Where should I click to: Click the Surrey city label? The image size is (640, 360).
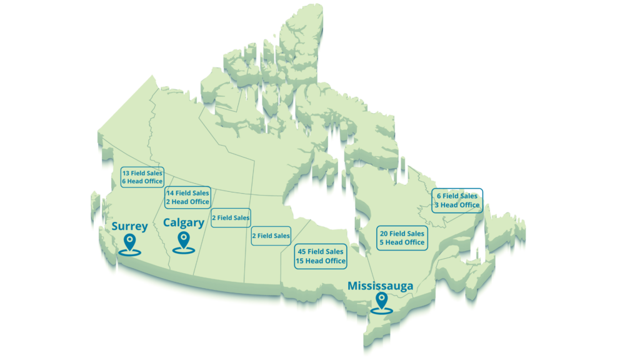point(129,226)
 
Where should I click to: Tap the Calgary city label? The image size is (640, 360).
point(183,222)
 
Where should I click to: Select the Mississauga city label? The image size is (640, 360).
point(380,286)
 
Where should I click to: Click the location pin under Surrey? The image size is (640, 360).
point(129,242)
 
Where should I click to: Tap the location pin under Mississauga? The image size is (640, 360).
point(379,303)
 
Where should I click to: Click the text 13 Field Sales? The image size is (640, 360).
point(142,172)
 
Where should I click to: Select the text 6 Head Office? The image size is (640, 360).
point(142,181)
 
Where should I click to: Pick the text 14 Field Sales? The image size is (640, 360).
point(187,193)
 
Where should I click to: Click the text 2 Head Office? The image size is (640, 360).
point(187,202)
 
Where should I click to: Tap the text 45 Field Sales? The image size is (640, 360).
point(321,251)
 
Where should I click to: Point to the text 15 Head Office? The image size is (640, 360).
point(321,261)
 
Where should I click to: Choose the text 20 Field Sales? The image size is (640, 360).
point(402,234)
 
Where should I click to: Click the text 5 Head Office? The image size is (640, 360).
point(402,242)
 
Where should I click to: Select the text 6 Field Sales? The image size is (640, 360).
point(457,196)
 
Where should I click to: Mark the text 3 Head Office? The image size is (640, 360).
point(457,204)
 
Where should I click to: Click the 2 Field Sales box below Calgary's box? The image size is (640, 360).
point(231,217)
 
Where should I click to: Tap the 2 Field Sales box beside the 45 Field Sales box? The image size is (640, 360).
point(271,236)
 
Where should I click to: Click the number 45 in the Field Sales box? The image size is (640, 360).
point(302,251)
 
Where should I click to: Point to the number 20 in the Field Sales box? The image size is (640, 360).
point(384,234)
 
